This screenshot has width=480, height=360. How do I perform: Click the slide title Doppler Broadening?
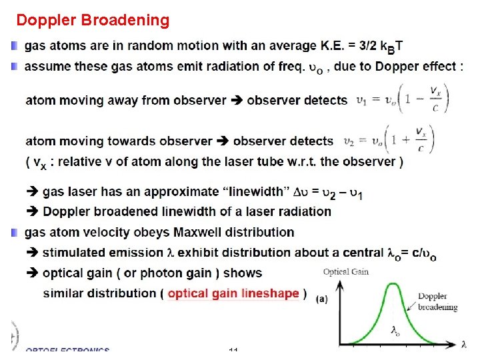click(x=93, y=20)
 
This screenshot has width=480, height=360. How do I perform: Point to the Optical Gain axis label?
click(x=346, y=271)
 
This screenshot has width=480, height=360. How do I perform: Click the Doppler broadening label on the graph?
click(x=437, y=301)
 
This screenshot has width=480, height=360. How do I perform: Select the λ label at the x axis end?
click(x=463, y=344)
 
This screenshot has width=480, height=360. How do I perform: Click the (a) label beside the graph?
click(x=322, y=299)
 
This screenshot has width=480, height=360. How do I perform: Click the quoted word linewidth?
click(x=254, y=191)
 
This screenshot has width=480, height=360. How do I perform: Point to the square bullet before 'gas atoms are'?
click(x=15, y=46)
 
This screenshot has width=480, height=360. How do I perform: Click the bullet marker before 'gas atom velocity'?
click(x=15, y=232)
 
